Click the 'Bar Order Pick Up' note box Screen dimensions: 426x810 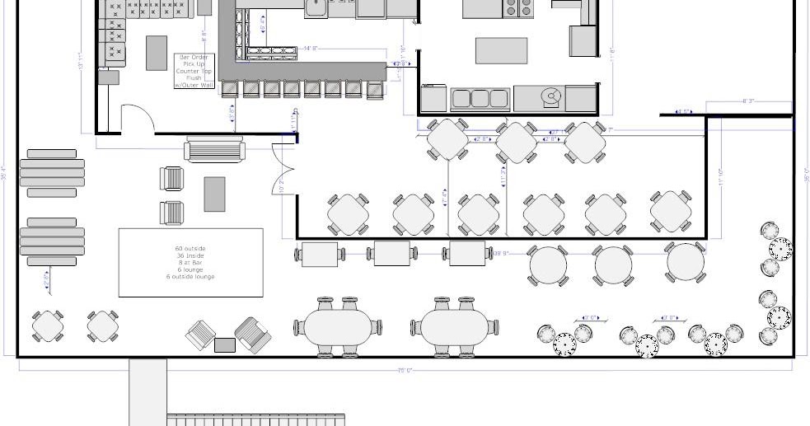click(x=194, y=71)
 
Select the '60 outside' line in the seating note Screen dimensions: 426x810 click(x=190, y=249)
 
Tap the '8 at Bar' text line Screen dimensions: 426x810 click(x=190, y=263)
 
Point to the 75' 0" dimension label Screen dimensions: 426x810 click(x=405, y=371)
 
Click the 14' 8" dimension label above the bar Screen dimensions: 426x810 click(x=311, y=49)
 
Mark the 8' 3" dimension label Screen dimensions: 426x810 click(x=748, y=101)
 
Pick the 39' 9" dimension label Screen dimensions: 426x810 click(x=500, y=254)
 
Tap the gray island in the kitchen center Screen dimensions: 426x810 click(x=501, y=50)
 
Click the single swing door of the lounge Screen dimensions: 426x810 click(x=138, y=119)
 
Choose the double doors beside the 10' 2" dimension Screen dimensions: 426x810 click(x=283, y=169)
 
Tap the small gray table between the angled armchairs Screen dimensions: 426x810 click(x=225, y=344)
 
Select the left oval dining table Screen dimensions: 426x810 click(x=338, y=327)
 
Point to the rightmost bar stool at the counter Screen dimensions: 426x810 click(x=375, y=89)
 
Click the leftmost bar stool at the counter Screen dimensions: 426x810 click(x=228, y=89)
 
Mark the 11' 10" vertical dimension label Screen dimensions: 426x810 click(x=721, y=178)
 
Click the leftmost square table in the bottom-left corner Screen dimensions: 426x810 click(x=49, y=326)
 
